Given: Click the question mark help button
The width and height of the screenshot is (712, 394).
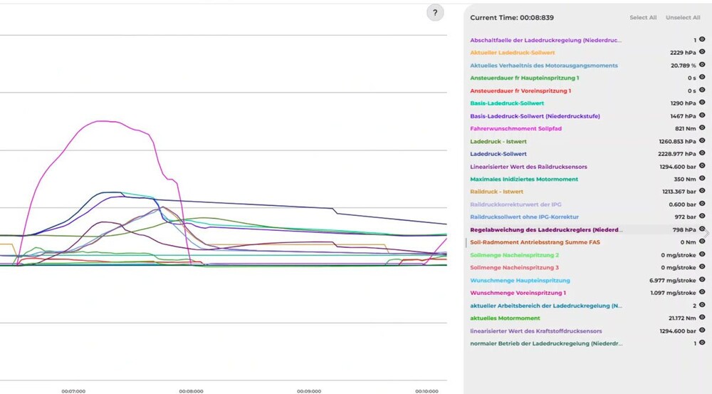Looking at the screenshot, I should tap(435, 13).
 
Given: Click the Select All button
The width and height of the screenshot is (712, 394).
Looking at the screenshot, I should tap(643, 17).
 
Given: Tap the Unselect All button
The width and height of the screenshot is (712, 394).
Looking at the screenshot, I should tap(683, 17).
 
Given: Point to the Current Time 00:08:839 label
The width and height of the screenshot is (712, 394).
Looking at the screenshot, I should tap(512, 17).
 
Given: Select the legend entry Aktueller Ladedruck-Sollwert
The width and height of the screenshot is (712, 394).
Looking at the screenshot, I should tap(513, 53).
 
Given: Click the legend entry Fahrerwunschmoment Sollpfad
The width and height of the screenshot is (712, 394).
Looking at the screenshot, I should tap(516, 129).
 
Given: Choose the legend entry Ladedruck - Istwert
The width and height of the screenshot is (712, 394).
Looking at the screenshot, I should tap(498, 142).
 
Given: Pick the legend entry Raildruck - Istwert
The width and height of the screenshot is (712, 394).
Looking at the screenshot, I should tap(497, 192).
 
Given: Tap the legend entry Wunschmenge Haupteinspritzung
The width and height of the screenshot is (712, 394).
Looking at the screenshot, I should tap(520, 281).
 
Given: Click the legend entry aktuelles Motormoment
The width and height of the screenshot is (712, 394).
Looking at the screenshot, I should tap(505, 318).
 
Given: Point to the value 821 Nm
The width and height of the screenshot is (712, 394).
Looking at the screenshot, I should tap(684, 129).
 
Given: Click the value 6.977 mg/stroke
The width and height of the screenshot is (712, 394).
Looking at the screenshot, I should tap(672, 281).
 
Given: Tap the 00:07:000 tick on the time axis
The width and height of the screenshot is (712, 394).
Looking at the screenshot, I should tap(73, 391).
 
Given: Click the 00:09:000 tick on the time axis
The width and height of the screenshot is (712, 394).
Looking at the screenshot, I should tap(308, 391).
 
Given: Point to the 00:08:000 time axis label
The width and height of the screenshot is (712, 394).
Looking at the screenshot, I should tap(191, 391).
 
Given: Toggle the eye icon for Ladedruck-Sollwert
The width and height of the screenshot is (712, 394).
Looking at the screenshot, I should tap(702, 154).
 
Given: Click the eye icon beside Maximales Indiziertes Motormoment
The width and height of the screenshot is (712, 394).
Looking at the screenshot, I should tap(702, 179).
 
